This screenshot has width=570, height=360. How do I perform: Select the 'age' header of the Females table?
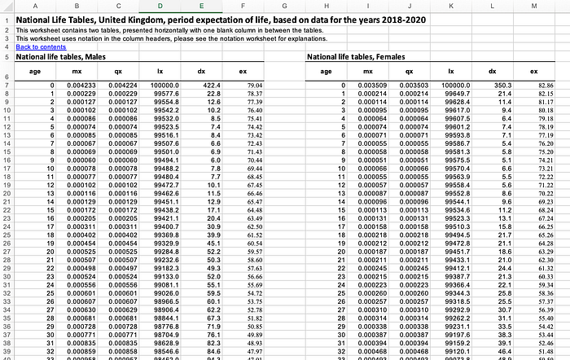[x=326, y=72]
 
